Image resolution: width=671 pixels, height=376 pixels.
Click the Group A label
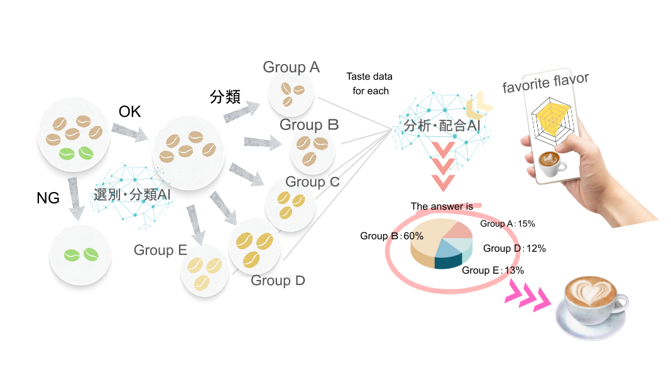291,67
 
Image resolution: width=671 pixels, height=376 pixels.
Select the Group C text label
312,182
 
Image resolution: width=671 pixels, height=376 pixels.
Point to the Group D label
278,281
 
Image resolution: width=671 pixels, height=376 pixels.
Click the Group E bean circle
204,274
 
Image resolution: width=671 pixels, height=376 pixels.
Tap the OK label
130,112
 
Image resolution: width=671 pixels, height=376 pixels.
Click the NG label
48,198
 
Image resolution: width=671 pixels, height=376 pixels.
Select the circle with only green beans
80,255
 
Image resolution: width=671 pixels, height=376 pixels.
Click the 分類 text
225,97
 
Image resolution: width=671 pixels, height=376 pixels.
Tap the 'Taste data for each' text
370,83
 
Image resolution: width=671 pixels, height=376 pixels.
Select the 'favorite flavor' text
545,82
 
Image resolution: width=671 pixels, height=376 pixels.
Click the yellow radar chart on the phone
553,119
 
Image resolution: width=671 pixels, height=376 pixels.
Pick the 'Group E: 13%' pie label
493,271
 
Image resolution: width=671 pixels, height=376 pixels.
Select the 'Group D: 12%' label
514,249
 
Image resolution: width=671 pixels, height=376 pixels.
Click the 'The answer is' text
442,206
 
